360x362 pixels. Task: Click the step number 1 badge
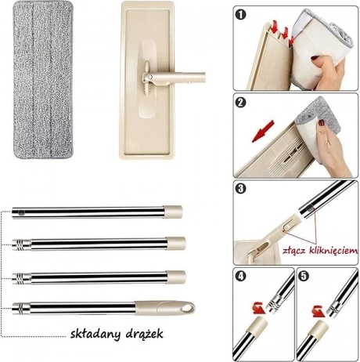[x=240, y=15]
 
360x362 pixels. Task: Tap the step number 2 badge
[x=240, y=102]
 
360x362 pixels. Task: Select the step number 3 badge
[x=240, y=189]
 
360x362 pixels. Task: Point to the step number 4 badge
[x=240, y=277]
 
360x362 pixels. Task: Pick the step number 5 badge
[x=304, y=277]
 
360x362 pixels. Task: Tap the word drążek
[x=145, y=334]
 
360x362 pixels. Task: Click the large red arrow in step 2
[x=263, y=131]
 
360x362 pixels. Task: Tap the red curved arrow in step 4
[x=258, y=307]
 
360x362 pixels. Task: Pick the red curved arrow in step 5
[x=319, y=311]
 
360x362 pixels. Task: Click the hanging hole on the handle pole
[x=187, y=308]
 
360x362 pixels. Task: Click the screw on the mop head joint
[x=150, y=77]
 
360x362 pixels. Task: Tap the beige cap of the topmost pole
[x=173, y=212]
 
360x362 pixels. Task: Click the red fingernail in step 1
[x=315, y=58]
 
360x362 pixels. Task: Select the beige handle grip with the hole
[x=165, y=307]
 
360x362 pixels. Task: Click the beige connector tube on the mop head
[x=178, y=78]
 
